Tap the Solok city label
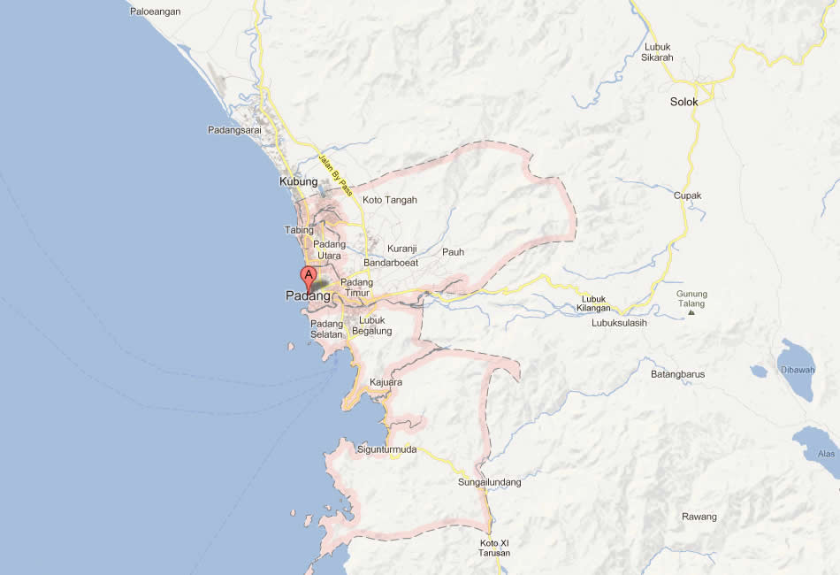click(x=683, y=102)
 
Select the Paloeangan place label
click(x=156, y=11)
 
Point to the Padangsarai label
click(x=234, y=130)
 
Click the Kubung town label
click(x=298, y=181)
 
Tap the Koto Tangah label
click(x=389, y=200)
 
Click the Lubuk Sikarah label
click(x=657, y=52)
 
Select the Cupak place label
click(x=687, y=195)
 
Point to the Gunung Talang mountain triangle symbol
click(x=691, y=312)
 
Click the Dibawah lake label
click(x=797, y=370)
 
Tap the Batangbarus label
click(x=677, y=374)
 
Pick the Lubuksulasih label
click(x=619, y=323)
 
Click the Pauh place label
click(x=453, y=252)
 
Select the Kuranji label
click(x=401, y=249)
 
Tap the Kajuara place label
click(x=386, y=382)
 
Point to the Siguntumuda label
click(x=386, y=449)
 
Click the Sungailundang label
click(x=489, y=482)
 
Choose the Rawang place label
click(x=699, y=517)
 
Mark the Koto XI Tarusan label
click(x=494, y=548)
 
